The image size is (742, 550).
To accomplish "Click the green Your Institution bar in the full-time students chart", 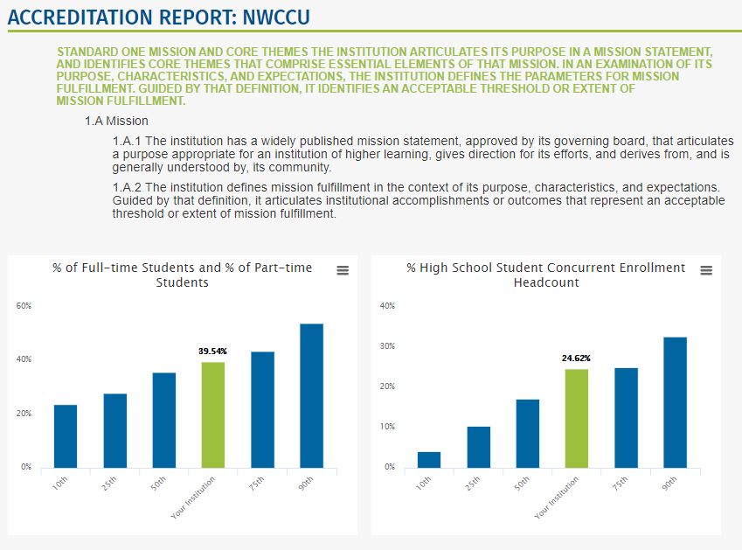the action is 213,415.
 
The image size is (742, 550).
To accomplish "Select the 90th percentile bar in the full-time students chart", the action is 312,396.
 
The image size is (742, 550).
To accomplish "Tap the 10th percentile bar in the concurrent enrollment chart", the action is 429,460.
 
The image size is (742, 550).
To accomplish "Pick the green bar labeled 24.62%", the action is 577,419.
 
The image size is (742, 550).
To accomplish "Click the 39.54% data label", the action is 212,352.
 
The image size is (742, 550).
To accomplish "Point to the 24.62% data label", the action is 576,359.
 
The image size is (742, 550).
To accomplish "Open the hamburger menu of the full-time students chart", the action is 343,270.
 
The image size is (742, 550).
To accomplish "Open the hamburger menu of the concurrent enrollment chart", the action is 706,270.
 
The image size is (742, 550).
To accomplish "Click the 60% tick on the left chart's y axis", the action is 24,306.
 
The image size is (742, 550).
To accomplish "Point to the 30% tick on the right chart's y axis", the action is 387,346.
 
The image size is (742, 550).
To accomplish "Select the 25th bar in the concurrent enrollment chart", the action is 478,448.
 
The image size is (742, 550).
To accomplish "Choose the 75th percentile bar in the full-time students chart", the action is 263,410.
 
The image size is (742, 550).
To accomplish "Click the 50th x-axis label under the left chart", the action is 158,483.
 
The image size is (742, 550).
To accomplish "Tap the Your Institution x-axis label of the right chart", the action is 557,497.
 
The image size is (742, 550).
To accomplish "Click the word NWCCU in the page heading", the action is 276,17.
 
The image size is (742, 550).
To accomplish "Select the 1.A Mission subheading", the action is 116,122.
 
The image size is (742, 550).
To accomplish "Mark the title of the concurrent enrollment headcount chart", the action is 546,275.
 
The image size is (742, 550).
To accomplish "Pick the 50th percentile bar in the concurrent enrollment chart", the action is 528,434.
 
